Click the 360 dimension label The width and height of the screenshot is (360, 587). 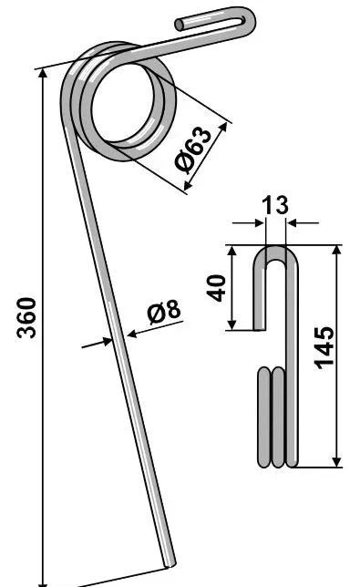point(26,317)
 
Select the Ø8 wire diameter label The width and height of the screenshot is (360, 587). point(164,312)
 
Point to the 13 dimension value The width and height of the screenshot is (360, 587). point(275,205)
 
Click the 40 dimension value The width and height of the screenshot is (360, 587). point(217,287)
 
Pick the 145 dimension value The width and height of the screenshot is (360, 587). point(324,348)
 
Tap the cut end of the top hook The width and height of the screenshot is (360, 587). point(180,25)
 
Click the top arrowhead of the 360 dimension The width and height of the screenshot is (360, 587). point(44,74)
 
